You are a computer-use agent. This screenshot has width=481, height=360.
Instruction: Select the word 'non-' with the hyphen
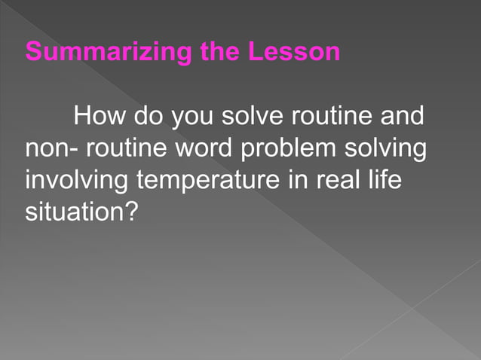click(x=51, y=149)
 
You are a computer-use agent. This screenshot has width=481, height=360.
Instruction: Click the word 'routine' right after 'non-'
click(x=122, y=149)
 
